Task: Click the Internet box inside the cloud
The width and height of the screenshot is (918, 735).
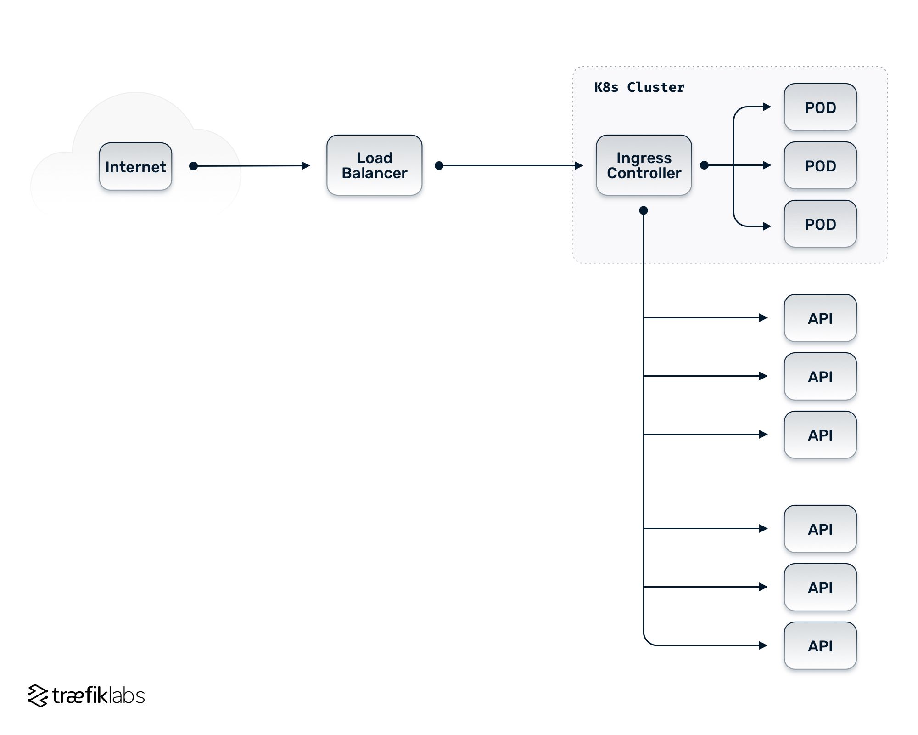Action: coord(135,166)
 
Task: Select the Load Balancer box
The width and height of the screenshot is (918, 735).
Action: coord(374,165)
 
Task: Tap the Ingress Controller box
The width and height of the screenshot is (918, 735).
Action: coord(644,165)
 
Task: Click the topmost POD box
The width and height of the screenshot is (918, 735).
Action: coord(820,107)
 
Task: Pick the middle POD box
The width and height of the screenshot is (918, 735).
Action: coord(820,165)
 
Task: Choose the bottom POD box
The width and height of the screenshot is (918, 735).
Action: coord(820,224)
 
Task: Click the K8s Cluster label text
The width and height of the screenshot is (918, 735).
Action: coord(639,87)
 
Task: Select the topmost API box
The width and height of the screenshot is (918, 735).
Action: coord(820,318)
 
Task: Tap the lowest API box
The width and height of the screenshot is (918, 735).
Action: coord(820,645)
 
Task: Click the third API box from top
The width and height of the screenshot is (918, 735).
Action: coord(820,435)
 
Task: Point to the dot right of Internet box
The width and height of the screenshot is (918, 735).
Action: coord(194,166)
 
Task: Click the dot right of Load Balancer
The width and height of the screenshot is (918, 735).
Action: coord(439,165)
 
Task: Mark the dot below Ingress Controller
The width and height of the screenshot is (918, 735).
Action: coord(644,210)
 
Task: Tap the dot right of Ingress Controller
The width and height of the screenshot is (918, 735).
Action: coord(704,165)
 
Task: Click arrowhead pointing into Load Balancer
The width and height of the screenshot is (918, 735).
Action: coord(306,166)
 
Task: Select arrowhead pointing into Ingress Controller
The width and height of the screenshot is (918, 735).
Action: coord(579,165)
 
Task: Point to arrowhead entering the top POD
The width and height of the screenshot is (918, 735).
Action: coord(767,107)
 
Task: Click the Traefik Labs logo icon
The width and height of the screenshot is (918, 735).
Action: coord(38,695)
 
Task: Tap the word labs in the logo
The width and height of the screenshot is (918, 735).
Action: coord(127,695)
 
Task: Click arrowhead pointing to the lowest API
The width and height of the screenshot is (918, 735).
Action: coord(763,645)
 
